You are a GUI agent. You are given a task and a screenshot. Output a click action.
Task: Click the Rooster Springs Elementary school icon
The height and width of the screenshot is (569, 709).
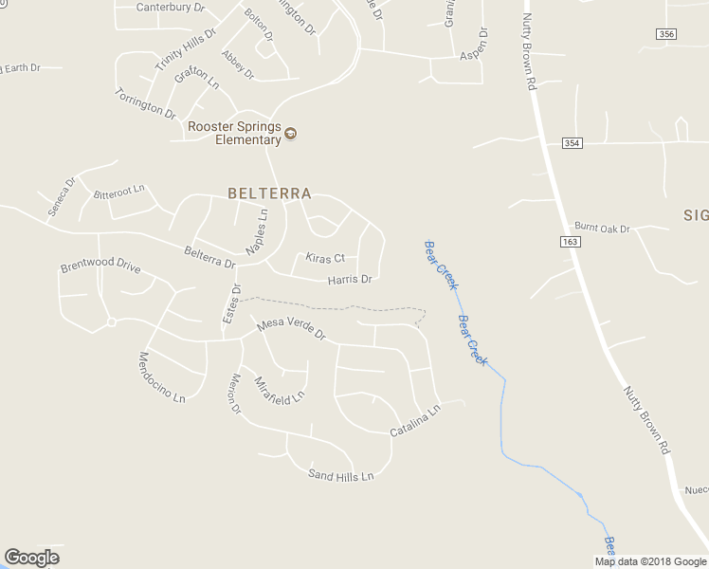(x=291, y=133)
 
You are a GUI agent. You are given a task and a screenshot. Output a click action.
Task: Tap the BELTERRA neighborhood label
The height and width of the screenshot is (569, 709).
(x=269, y=193)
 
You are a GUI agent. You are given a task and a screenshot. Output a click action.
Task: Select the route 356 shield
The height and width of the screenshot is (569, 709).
(x=665, y=34)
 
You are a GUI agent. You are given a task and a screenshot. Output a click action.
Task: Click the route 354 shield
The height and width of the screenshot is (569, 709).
(x=571, y=143)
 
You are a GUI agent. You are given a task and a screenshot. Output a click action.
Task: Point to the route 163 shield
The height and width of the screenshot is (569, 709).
(x=571, y=242)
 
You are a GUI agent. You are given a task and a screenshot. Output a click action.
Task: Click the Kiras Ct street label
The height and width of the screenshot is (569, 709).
(x=325, y=258)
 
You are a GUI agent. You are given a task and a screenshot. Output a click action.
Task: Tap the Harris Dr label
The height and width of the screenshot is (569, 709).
(x=350, y=280)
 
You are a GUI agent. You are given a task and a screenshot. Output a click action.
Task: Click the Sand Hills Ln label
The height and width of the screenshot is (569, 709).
(x=341, y=476)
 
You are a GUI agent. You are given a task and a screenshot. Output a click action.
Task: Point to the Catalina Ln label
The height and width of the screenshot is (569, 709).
(x=416, y=423)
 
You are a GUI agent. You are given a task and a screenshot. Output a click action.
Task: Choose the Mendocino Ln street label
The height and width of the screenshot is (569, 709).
(x=161, y=377)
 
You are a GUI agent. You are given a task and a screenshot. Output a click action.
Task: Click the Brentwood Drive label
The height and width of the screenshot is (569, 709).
(x=100, y=265)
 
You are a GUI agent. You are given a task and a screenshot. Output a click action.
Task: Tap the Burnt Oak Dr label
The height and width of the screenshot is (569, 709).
(x=602, y=229)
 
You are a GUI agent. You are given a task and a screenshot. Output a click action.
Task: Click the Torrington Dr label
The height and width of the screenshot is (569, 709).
(x=145, y=102)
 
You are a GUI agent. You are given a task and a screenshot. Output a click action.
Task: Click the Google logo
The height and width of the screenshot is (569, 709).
(x=31, y=558)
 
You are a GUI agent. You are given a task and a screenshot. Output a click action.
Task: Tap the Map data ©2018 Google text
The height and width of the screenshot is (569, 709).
(x=649, y=561)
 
